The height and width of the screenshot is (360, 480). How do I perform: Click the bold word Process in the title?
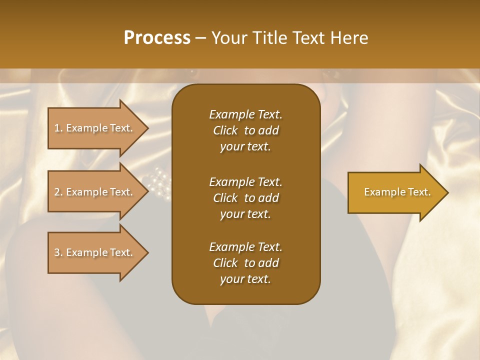click(157, 38)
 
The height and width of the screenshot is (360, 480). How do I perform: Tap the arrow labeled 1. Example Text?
click(95, 128)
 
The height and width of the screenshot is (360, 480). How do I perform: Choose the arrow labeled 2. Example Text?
click(95, 192)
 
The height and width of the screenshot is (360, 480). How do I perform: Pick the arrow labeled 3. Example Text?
click(95, 252)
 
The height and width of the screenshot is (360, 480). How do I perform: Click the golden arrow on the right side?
click(395, 192)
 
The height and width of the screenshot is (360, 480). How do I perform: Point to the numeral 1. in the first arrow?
click(58, 128)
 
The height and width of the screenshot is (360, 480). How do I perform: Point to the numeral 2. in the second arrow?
click(58, 192)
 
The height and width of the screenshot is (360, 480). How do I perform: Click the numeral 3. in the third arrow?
click(58, 252)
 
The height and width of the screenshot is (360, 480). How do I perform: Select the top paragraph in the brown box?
click(245, 130)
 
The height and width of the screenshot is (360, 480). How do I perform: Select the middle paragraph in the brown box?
click(245, 197)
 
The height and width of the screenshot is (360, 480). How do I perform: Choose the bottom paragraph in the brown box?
click(245, 263)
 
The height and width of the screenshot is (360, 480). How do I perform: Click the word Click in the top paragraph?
click(225, 131)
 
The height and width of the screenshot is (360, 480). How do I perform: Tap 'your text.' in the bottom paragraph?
click(245, 279)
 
